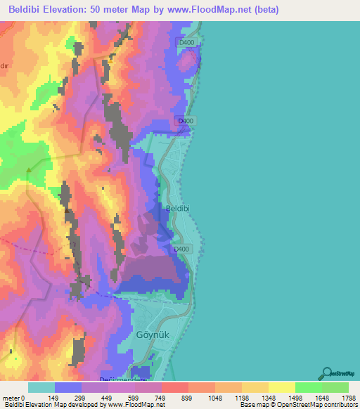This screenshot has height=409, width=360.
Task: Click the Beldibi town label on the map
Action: click(177, 209)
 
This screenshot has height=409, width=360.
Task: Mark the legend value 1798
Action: click(348, 398)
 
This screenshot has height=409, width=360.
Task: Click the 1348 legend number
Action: click(268, 398)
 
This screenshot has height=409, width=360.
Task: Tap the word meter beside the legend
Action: click(12, 398)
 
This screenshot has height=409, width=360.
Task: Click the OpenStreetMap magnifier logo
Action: click(328, 372)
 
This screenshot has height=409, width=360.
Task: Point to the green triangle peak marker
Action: click(29, 169)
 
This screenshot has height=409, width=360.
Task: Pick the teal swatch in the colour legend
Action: click(41, 387)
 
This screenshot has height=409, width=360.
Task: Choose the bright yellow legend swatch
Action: click(281, 387)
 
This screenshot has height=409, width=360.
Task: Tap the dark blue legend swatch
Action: click(68, 387)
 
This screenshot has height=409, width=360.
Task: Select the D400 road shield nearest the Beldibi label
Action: click(181, 249)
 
